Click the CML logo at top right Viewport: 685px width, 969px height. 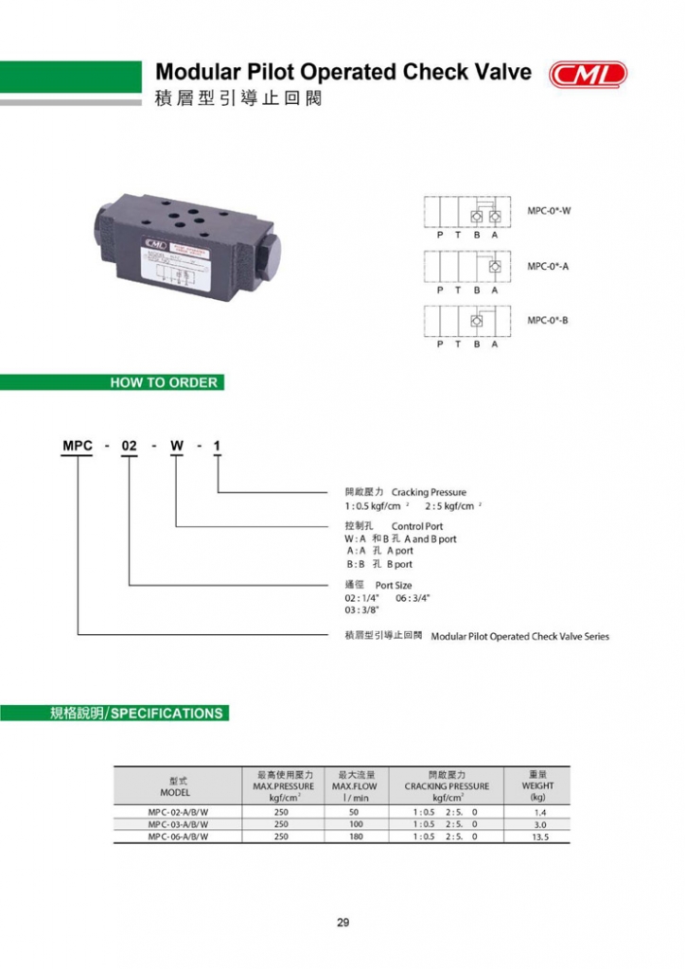[588, 75]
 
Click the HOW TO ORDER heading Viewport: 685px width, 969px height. [165, 383]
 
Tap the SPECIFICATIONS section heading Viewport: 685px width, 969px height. [167, 714]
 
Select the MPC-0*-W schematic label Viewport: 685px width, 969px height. [549, 210]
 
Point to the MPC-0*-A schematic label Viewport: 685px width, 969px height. [548, 266]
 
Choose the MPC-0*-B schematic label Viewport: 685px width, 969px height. [548, 321]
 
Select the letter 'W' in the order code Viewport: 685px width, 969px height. [176, 445]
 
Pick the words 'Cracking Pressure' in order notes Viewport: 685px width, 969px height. [429, 492]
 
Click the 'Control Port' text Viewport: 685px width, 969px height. [416, 526]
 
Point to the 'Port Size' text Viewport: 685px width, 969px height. [394, 586]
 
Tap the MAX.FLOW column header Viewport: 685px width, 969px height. [354, 786]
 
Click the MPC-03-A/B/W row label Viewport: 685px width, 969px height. [178, 824]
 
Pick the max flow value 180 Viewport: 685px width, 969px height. [354, 837]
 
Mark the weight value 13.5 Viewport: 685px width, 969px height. [539, 837]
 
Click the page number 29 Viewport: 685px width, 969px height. [342, 924]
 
